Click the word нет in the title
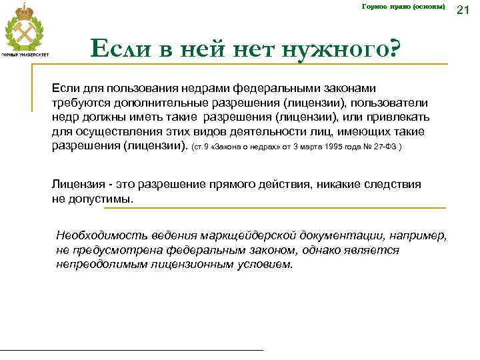pos(255,48)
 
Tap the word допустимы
pos(101,199)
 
